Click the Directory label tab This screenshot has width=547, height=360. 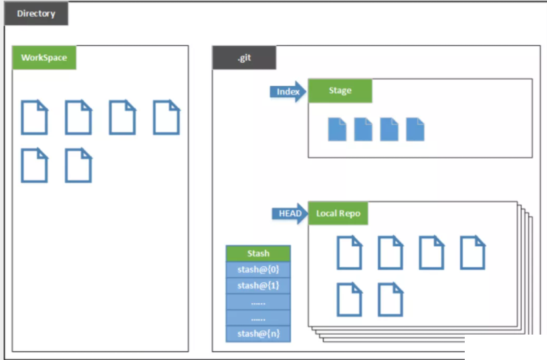[36, 13]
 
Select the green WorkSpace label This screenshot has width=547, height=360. [44, 58]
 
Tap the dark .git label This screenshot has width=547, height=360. [244, 58]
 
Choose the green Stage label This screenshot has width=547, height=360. [340, 91]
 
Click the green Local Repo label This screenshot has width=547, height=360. [338, 213]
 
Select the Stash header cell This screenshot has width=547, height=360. [258, 253]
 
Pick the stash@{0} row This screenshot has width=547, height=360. [258, 269]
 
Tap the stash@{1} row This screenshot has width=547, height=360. [258, 285]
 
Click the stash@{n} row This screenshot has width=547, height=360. [258, 333]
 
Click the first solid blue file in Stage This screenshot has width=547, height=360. [337, 129]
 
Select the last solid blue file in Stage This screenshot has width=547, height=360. [415, 129]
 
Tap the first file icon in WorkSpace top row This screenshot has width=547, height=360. [34, 117]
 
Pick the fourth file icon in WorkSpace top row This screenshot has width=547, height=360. [167, 117]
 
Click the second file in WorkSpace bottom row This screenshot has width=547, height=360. [78, 165]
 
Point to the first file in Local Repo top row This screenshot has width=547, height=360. [349, 252]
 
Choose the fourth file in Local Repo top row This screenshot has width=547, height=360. [472, 252]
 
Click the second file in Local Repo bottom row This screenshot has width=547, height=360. [390, 299]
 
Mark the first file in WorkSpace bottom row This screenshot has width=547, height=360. [34, 165]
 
